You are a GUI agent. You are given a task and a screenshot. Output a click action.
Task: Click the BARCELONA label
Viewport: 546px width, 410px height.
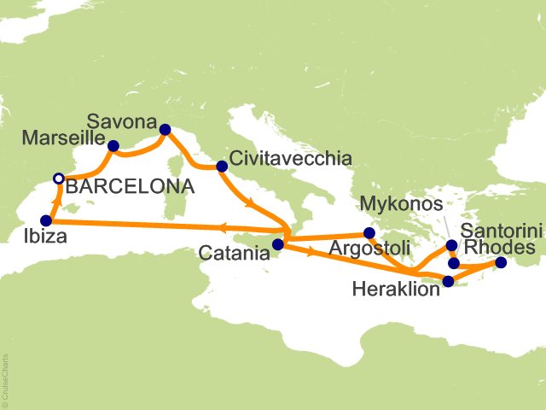[x=130, y=185]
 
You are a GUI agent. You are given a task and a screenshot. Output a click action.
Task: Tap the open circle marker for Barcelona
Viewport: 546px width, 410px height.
[x=58, y=179]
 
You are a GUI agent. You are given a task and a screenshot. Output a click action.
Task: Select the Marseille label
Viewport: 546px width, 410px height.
[x=65, y=138]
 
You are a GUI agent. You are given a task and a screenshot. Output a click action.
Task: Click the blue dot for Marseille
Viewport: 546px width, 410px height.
[x=113, y=145]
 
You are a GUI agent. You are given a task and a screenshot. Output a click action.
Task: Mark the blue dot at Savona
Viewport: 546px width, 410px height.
[x=166, y=130]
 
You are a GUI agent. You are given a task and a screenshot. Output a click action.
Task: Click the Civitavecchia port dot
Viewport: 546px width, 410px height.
[x=222, y=167]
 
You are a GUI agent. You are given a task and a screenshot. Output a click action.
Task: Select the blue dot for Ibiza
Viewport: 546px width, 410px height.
[x=46, y=220]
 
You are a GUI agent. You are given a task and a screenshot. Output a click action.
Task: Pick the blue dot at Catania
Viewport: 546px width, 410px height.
[x=277, y=245]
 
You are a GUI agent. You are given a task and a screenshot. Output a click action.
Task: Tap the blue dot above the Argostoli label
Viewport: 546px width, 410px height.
[x=369, y=232]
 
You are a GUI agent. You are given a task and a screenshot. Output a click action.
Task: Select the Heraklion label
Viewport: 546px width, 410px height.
[x=396, y=289]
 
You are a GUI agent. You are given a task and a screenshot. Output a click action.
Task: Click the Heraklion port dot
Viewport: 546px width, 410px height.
[x=449, y=280]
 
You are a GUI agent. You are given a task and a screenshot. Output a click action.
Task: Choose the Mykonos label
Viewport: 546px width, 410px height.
[x=401, y=206]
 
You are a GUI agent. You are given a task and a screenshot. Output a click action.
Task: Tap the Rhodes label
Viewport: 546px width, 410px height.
[x=501, y=248]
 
